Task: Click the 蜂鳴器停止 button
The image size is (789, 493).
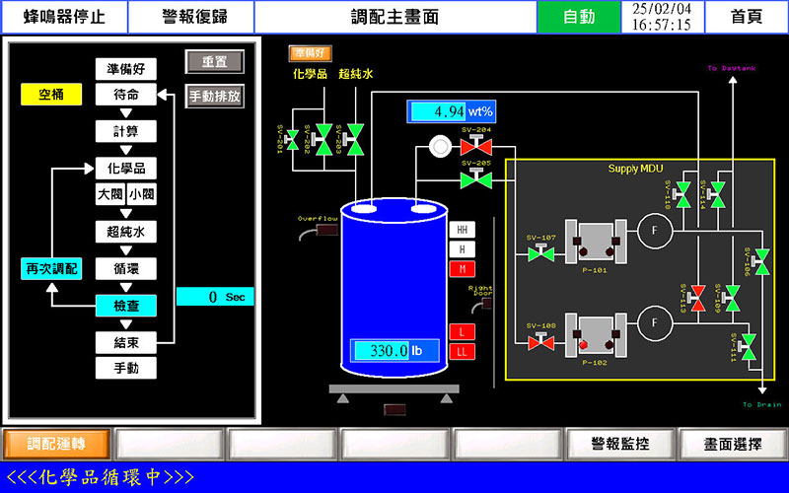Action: [64, 17]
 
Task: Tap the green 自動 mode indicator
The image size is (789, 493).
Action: [579, 17]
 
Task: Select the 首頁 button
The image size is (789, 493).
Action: [747, 17]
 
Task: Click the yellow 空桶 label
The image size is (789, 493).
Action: [51, 95]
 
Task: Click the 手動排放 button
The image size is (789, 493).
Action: [214, 97]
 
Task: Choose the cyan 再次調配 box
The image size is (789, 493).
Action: [51, 268]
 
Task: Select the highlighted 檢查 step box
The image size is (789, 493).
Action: [125, 306]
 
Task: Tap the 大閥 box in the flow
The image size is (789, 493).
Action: [108, 194]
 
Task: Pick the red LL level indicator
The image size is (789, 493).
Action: [462, 351]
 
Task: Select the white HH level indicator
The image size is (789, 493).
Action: [462, 229]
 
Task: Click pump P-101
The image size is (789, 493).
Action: [595, 242]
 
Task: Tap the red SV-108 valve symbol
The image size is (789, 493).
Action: [540, 342]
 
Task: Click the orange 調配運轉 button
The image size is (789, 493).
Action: [56, 444]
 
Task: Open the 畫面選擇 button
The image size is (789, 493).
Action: [733, 444]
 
